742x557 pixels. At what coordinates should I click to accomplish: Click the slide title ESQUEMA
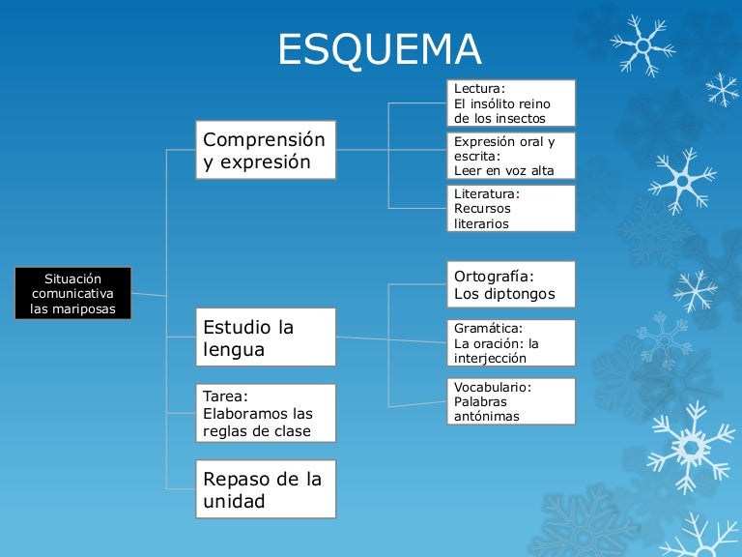[x=379, y=49]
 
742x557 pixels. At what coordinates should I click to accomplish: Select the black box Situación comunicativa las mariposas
[x=72, y=293]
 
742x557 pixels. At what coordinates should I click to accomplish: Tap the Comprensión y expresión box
[x=265, y=150]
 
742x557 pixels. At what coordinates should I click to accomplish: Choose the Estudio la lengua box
[x=265, y=337]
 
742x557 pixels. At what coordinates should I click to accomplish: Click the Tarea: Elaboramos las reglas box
[x=265, y=413]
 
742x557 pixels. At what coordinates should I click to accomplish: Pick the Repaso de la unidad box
[x=265, y=488]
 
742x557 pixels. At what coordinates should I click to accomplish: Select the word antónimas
[x=487, y=417]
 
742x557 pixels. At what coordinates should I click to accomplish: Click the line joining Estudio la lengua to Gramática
[x=391, y=340]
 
